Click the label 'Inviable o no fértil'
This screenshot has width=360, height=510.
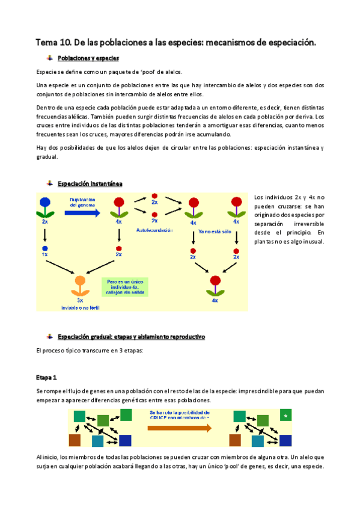[x=81, y=307]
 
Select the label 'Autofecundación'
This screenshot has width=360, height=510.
[x=154, y=230]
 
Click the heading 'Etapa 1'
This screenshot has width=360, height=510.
[x=46, y=377]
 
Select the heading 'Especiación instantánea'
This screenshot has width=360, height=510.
[x=90, y=183]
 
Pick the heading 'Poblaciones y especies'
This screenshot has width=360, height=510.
[x=88, y=58]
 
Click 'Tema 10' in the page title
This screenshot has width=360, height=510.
[x=53, y=42]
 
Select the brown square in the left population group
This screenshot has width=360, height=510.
[x=75, y=440]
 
